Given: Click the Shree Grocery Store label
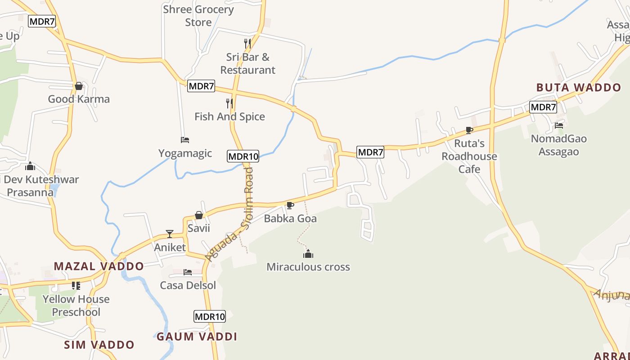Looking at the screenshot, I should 198,16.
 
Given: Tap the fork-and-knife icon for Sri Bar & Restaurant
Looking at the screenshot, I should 247,44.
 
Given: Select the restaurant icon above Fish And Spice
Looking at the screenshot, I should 229,103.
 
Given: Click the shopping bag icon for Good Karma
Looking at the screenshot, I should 79,86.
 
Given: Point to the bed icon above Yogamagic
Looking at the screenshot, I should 185,140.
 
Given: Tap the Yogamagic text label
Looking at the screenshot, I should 185,153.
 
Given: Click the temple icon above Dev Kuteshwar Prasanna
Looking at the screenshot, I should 30,166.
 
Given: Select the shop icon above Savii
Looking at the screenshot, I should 199,215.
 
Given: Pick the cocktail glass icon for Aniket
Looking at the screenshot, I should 170,234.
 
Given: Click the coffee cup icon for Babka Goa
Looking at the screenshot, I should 290,206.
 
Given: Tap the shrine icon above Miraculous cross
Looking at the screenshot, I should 308,254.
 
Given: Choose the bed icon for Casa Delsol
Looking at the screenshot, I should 188,272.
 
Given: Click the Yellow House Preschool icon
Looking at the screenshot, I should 76,286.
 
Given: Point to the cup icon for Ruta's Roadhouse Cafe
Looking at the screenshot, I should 469,130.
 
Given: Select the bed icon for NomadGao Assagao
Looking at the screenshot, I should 559,126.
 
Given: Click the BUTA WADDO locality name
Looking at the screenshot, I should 579,88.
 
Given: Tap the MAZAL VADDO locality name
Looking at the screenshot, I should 99,266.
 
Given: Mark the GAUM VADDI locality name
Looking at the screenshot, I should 197,337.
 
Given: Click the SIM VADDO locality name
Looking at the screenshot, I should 99,345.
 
